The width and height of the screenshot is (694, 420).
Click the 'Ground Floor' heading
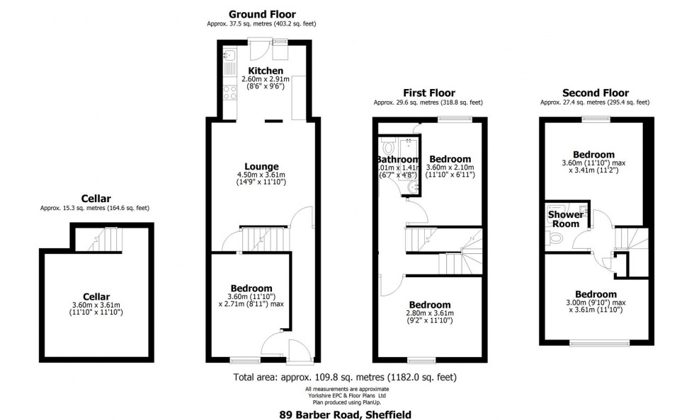262,14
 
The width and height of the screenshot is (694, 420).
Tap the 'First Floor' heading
429,93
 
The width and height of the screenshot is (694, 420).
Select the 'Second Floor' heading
595,93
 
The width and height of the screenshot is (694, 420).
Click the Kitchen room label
266,71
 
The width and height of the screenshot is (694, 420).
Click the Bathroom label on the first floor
398,160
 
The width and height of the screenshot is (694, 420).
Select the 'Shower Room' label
566,219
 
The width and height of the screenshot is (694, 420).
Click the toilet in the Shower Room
557,239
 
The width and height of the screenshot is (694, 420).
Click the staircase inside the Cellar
105,239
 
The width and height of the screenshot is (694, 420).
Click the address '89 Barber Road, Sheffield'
346,415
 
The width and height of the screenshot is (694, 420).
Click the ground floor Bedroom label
251,288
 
